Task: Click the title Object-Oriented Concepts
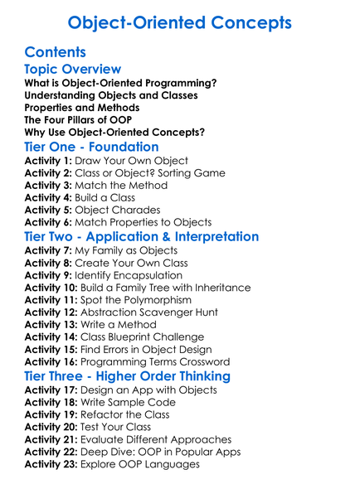(179, 22)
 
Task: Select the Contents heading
(56, 52)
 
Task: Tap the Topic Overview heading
(73, 70)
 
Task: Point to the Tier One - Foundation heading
(92, 147)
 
